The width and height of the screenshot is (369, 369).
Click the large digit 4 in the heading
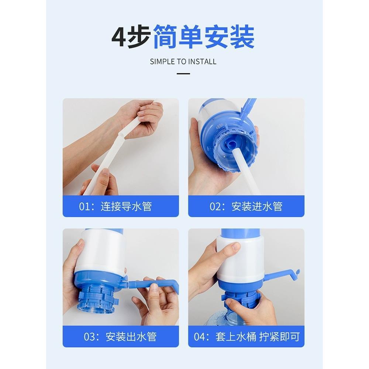[x=119, y=37]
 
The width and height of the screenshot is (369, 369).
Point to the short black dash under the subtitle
[x=183, y=74]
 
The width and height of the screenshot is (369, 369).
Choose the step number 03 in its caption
[x=90, y=337]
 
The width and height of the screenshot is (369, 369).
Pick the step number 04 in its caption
[x=200, y=337]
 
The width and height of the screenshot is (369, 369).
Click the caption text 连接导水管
[x=126, y=206]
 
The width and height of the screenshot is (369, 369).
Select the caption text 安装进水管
[x=257, y=206]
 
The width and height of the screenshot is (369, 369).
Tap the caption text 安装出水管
[x=131, y=337]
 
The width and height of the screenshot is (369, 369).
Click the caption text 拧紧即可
[x=279, y=337]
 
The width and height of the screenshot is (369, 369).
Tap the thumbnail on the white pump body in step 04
[x=235, y=246]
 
